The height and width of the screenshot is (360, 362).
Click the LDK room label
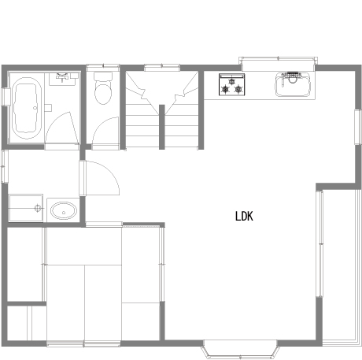coord(244,217)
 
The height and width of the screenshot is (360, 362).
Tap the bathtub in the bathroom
coord(26,108)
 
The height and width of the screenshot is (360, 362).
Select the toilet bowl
coord(102,94)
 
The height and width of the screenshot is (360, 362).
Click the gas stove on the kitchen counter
coord(232,84)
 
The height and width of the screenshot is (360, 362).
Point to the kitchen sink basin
coord(293,84)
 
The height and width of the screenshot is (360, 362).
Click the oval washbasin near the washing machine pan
coord(64,210)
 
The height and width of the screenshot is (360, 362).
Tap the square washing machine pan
coord(26,208)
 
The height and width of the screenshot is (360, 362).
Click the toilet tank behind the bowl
coord(103,76)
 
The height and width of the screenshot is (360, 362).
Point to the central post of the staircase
coord(162,127)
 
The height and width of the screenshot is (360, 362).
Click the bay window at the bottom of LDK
coord(240,349)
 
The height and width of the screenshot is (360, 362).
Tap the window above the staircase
coord(162,68)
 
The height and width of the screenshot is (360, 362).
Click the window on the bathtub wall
coord(6,97)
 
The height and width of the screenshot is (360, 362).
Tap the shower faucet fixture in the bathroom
coord(62,77)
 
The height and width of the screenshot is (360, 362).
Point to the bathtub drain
coord(35,108)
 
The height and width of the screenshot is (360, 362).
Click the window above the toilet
coord(103,67)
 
